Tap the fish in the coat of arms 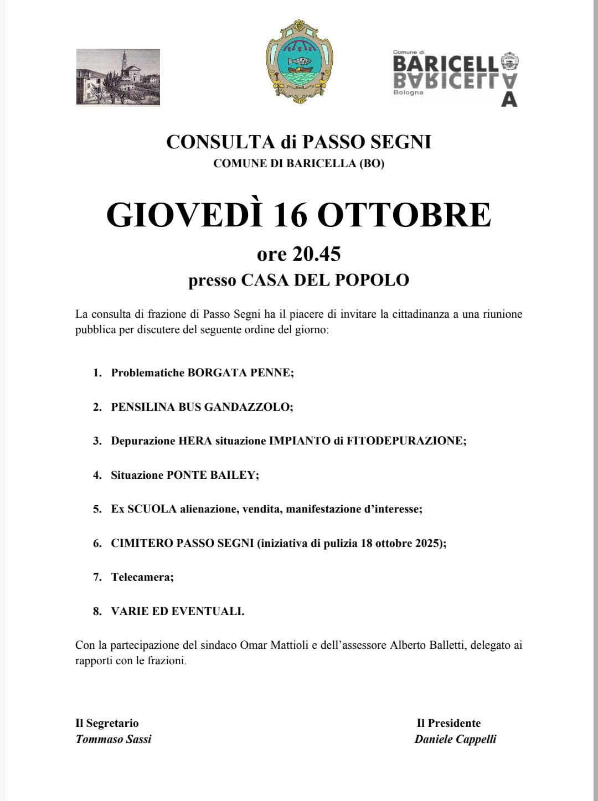[x=299, y=61]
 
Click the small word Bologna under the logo [x=408, y=92]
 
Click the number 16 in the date [x=290, y=215]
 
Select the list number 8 [x=97, y=611]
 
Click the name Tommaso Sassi [x=114, y=739]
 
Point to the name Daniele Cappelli [x=455, y=739]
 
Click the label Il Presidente [x=448, y=723]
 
